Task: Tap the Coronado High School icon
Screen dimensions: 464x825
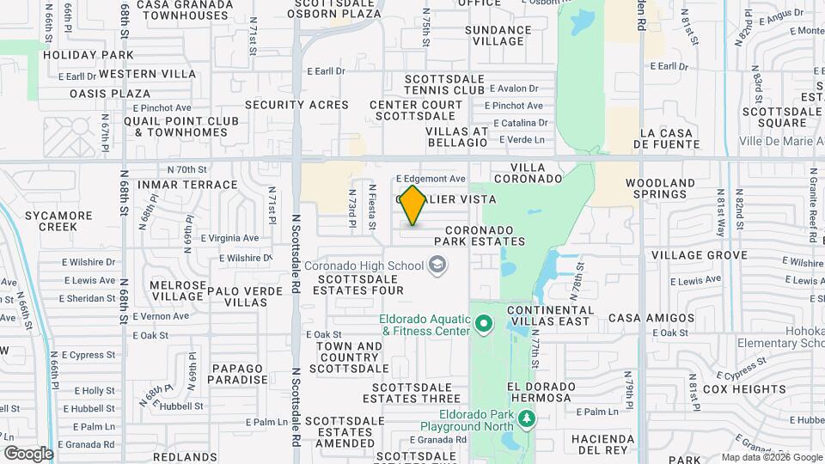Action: tap(438, 266)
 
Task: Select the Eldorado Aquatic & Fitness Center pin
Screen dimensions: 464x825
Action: tap(483, 325)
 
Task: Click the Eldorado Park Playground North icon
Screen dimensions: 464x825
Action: tap(528, 420)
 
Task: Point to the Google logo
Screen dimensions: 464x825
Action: tap(27, 453)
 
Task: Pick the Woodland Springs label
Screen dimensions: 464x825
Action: tap(660, 189)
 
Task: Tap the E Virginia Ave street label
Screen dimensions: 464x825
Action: tap(229, 238)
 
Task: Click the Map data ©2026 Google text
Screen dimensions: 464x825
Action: tap(771, 457)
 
